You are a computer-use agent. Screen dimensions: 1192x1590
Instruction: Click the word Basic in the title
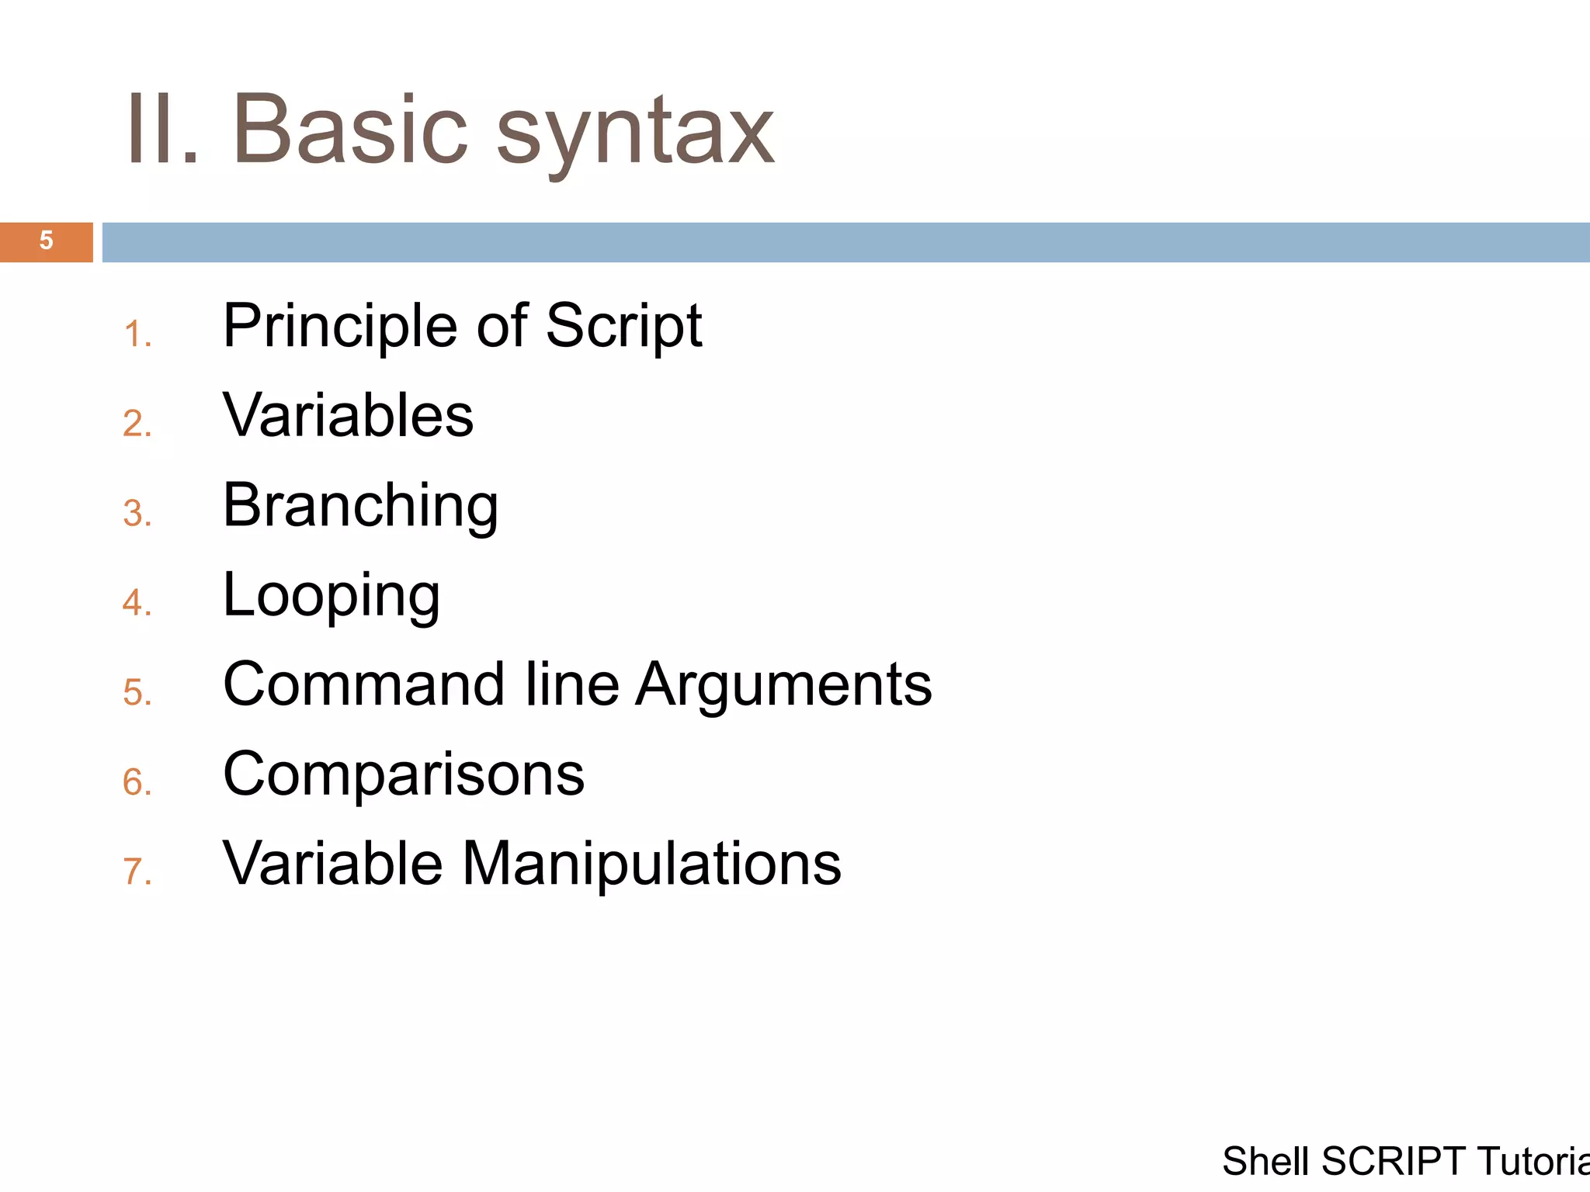(349, 129)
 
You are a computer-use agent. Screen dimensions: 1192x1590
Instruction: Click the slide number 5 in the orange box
(46, 241)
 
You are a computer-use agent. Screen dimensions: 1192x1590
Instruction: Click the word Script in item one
(623, 326)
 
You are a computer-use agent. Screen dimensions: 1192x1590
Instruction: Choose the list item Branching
(360, 505)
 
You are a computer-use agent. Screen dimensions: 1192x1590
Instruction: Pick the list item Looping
(332, 595)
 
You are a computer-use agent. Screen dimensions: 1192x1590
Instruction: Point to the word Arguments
(783, 685)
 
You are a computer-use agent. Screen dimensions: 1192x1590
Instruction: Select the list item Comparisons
(404, 774)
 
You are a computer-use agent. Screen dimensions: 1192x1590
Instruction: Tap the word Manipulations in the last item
(651, 863)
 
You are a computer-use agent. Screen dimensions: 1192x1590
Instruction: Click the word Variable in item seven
(332, 863)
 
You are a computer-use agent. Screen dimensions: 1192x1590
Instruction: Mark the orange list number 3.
(136, 514)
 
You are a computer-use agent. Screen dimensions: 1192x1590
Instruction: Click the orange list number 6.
(136, 782)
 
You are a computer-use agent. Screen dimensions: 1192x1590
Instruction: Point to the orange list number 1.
(136, 335)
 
